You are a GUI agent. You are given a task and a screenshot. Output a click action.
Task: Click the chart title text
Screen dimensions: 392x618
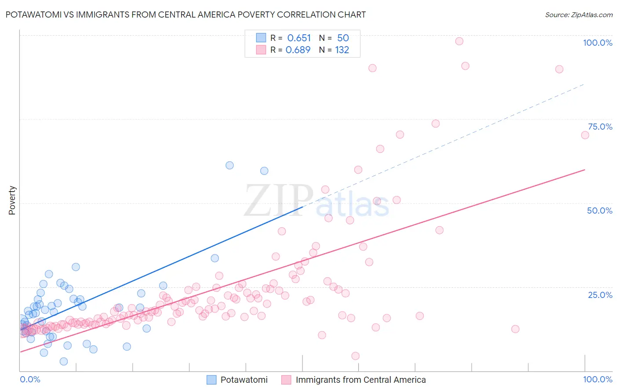(185, 15)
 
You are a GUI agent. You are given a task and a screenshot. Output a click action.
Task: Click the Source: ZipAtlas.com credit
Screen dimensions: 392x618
(578, 15)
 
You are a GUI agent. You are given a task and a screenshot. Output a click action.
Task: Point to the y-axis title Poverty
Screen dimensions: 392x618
(12, 200)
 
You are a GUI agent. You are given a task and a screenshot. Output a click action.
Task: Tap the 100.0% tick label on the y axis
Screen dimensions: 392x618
(597, 43)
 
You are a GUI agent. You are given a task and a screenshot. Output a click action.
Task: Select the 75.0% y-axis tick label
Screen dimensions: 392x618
(600, 127)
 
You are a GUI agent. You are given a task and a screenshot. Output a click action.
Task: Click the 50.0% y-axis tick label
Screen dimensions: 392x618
(600, 211)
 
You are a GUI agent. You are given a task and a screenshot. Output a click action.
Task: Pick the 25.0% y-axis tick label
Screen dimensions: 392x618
(600, 294)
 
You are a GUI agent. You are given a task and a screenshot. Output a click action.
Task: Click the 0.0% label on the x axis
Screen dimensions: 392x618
(30, 379)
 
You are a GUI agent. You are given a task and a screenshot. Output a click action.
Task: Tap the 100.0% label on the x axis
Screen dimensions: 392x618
(597, 379)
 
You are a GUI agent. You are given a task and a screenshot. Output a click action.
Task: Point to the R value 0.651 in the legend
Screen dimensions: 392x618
(299, 38)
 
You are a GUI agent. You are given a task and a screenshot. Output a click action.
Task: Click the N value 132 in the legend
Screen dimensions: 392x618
(342, 50)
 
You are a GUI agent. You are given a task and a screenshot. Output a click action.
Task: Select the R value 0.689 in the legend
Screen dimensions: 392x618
(298, 50)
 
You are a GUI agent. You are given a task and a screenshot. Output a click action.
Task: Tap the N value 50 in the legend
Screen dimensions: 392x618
(343, 38)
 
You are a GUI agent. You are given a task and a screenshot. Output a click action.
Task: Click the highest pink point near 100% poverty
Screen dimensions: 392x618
(459, 41)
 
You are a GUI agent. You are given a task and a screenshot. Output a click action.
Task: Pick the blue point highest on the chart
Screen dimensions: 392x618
(229, 166)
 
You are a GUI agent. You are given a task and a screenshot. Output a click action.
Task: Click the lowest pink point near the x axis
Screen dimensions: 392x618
(356, 356)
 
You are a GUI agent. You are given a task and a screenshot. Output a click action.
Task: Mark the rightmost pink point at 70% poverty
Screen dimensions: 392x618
(585, 135)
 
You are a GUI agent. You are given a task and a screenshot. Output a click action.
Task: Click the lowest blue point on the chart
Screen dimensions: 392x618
(64, 361)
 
